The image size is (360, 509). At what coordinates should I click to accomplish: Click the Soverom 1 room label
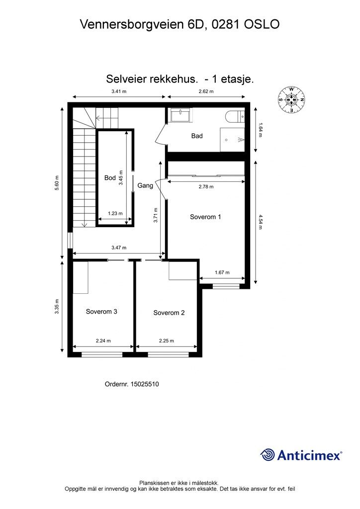click(x=205, y=217)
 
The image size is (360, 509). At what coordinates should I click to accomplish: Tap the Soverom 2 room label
click(x=169, y=313)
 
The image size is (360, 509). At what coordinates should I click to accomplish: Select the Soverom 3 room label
click(x=101, y=312)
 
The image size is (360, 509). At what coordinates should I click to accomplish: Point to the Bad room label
click(x=197, y=136)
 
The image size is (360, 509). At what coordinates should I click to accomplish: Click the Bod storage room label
click(x=110, y=178)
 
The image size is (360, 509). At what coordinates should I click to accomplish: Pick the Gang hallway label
click(x=145, y=186)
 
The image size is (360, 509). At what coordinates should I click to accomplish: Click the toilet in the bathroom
click(x=234, y=117)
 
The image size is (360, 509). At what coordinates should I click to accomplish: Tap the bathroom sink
click(x=181, y=115)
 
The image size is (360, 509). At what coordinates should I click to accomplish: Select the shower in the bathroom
click(x=232, y=140)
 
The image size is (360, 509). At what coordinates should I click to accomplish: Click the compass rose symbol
click(x=291, y=99)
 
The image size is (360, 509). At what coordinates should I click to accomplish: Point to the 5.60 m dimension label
click(x=57, y=183)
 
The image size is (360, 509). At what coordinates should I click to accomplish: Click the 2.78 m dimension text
click(x=206, y=187)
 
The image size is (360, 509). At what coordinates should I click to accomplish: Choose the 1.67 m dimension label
click(x=222, y=272)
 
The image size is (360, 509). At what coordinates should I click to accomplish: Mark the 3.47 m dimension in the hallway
click(x=119, y=248)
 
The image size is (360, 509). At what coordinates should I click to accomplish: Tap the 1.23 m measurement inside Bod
click(x=115, y=213)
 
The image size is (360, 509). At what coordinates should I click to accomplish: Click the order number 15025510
click(x=145, y=384)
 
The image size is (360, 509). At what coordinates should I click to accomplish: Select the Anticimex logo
click(x=301, y=455)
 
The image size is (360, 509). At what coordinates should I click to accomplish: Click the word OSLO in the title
click(x=262, y=24)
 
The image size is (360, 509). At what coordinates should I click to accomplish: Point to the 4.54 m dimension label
click(x=260, y=222)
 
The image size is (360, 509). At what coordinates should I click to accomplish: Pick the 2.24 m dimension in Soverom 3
click(x=103, y=341)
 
